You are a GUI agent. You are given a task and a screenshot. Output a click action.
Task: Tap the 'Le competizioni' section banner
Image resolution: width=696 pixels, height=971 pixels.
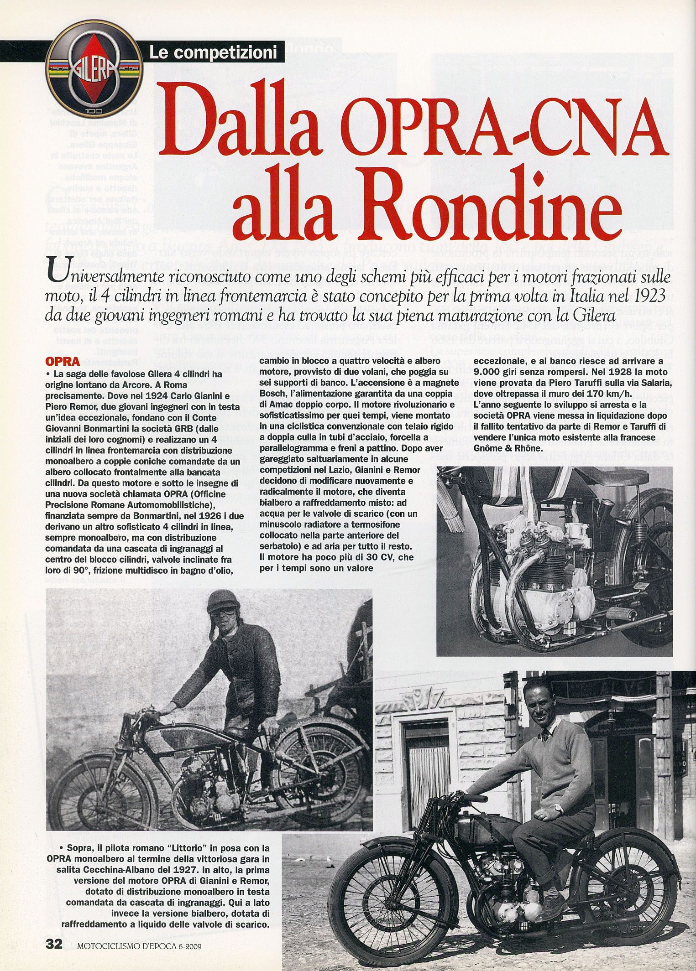213,53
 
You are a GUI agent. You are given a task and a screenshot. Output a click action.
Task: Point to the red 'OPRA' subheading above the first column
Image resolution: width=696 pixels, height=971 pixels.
63,362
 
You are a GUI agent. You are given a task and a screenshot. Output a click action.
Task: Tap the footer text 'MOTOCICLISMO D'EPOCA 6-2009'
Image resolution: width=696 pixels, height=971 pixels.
139,945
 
